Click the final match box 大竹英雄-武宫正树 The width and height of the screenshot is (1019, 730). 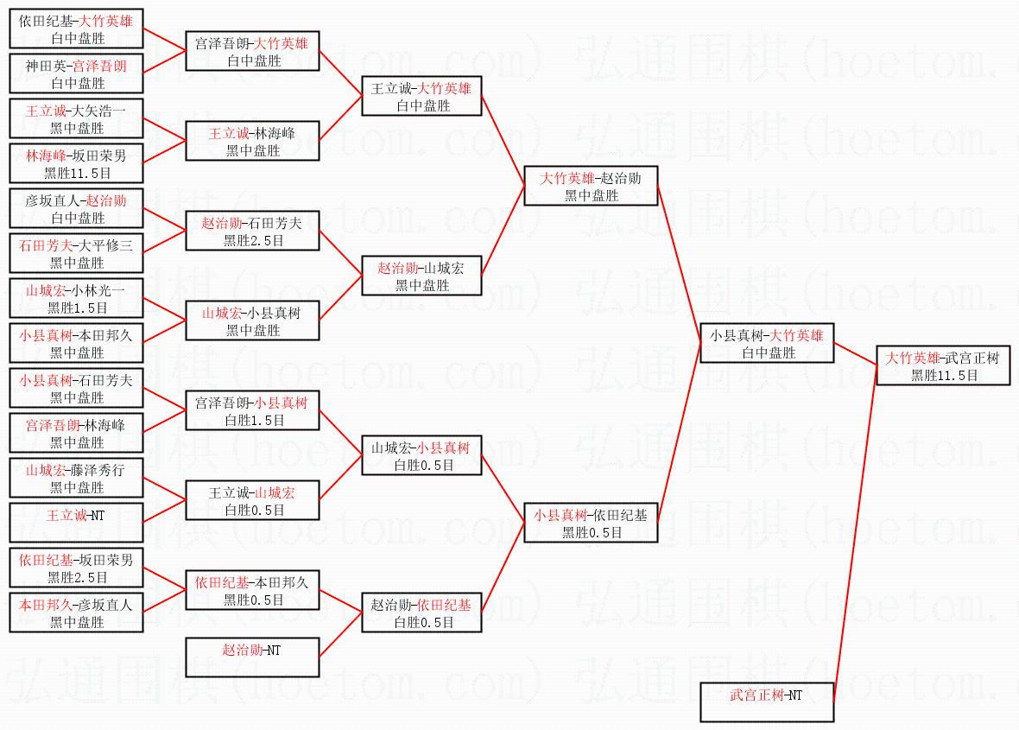click(x=943, y=365)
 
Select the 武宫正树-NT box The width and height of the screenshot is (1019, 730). click(x=768, y=701)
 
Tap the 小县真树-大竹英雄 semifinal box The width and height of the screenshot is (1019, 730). click(x=768, y=343)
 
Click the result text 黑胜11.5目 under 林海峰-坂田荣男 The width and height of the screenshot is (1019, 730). click(x=77, y=172)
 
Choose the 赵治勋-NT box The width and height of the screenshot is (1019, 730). click(x=252, y=657)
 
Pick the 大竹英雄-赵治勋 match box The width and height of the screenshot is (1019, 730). click(x=592, y=186)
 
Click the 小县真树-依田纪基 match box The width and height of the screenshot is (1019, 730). click(x=592, y=523)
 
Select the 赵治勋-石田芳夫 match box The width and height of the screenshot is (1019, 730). click(x=252, y=231)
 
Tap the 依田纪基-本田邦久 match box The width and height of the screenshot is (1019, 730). click(x=252, y=590)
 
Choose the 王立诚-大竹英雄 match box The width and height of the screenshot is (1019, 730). click(x=422, y=96)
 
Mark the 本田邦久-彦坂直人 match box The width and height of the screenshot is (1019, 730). click(x=76, y=613)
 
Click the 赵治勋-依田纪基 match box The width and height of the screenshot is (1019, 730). click(x=422, y=613)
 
